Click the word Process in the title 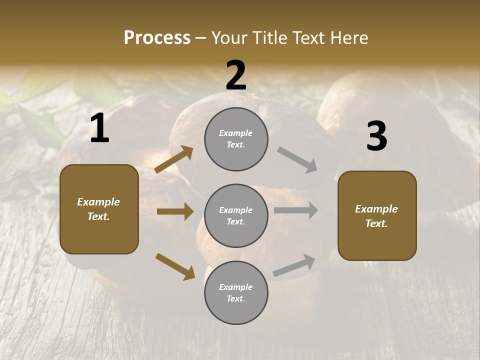click(157, 38)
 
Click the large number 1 click(99, 128)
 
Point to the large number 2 click(236, 75)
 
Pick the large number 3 click(376, 136)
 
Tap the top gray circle click(236, 139)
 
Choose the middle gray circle click(236, 215)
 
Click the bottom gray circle click(236, 292)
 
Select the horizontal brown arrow click(175, 211)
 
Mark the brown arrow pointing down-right click(175, 266)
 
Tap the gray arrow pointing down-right click(297, 160)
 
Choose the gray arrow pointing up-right click(294, 265)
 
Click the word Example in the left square click(98, 202)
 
